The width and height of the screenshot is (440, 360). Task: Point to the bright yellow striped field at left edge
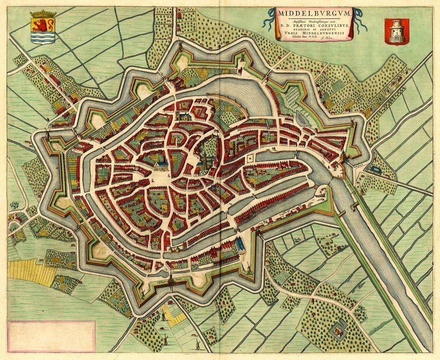[26, 271]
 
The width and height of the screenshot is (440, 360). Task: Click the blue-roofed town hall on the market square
[160, 165]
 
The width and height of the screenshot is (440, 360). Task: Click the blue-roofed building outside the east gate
[377, 169]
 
